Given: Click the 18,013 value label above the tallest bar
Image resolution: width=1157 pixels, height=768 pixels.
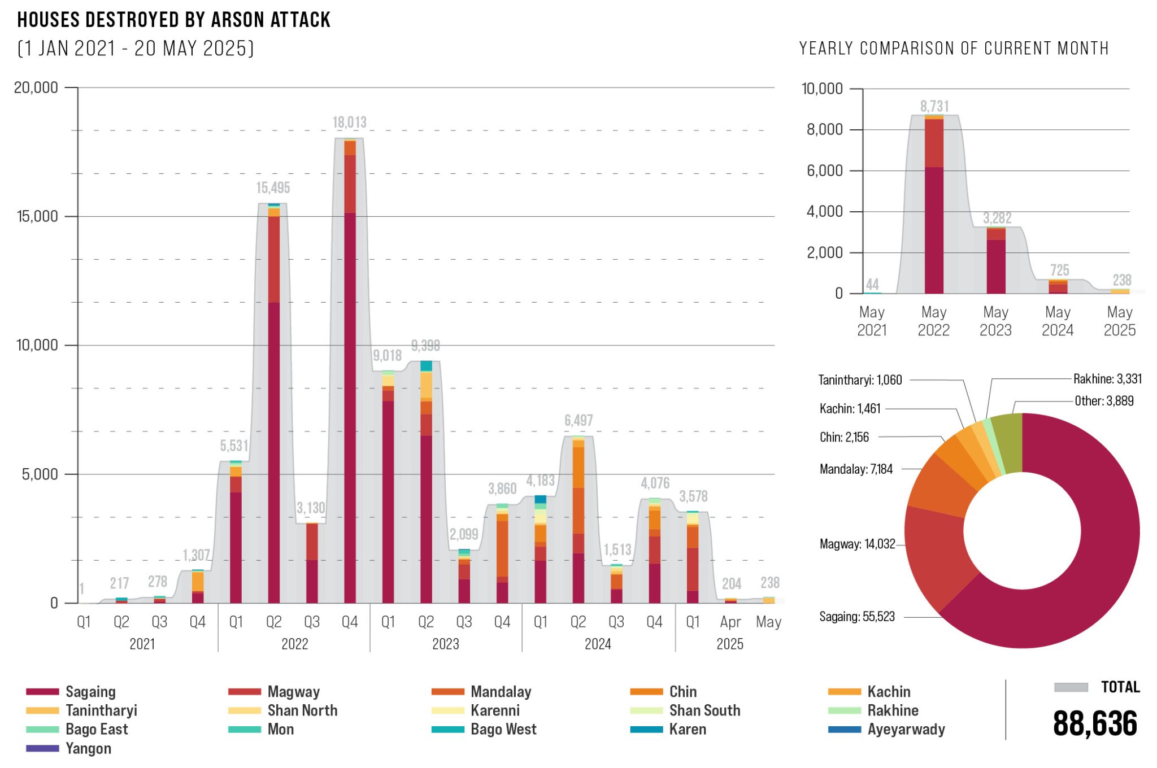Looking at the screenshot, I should [x=349, y=122].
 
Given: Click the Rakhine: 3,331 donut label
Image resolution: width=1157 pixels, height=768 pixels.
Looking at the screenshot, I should [x=1107, y=379].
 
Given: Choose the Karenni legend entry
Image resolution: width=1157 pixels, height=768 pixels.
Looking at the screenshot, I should [x=495, y=710].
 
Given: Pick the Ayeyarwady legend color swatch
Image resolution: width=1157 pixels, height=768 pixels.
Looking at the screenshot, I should [x=844, y=729].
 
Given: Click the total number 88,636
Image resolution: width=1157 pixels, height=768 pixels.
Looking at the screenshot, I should [x=1095, y=724].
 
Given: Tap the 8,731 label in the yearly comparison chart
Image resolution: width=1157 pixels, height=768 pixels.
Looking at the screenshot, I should [x=934, y=106].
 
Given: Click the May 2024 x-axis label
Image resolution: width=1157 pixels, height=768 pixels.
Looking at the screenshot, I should [x=1058, y=321].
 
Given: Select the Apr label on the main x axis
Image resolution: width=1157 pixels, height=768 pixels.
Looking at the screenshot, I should [x=730, y=622].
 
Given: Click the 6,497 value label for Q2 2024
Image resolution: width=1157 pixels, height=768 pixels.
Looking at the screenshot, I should [x=578, y=420].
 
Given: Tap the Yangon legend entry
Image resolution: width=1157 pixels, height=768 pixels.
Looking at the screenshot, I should [x=88, y=748].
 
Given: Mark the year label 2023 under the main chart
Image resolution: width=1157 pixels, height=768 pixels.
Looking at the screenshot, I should [x=446, y=644].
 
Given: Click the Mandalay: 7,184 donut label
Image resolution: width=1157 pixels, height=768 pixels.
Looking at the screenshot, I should [x=856, y=469].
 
